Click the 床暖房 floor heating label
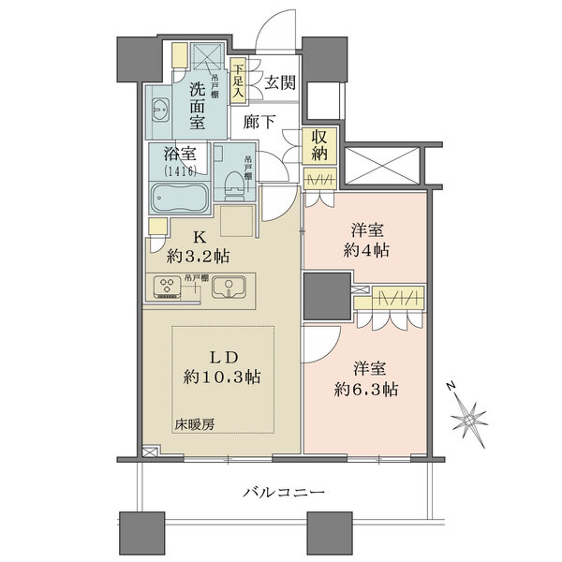coord(194,424)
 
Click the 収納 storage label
coord(320,148)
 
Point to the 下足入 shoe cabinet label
coord(238,80)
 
